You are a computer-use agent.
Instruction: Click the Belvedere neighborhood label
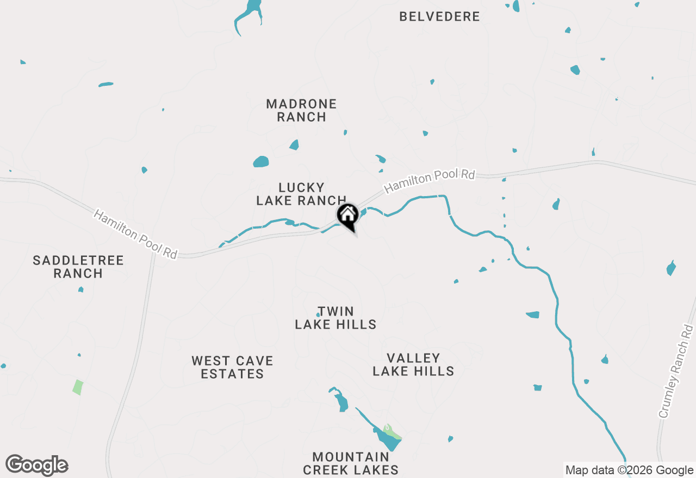439,17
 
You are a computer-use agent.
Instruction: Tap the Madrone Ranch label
301,110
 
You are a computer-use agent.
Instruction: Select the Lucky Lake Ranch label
301,194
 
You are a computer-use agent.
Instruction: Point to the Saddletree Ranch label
78,267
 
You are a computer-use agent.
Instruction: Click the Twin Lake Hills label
335,318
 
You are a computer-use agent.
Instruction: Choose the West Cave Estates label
232,367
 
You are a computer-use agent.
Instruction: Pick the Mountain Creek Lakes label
351,463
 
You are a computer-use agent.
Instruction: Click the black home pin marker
347,215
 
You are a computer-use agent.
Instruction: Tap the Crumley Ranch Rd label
676,372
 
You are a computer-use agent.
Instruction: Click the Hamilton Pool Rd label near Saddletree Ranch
135,234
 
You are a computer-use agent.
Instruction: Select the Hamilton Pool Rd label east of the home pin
430,181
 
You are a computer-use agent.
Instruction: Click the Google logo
37,466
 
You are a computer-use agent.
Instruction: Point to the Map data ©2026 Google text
629,470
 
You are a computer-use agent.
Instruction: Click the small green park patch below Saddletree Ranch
78,387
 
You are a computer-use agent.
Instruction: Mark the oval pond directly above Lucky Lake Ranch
261,162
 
